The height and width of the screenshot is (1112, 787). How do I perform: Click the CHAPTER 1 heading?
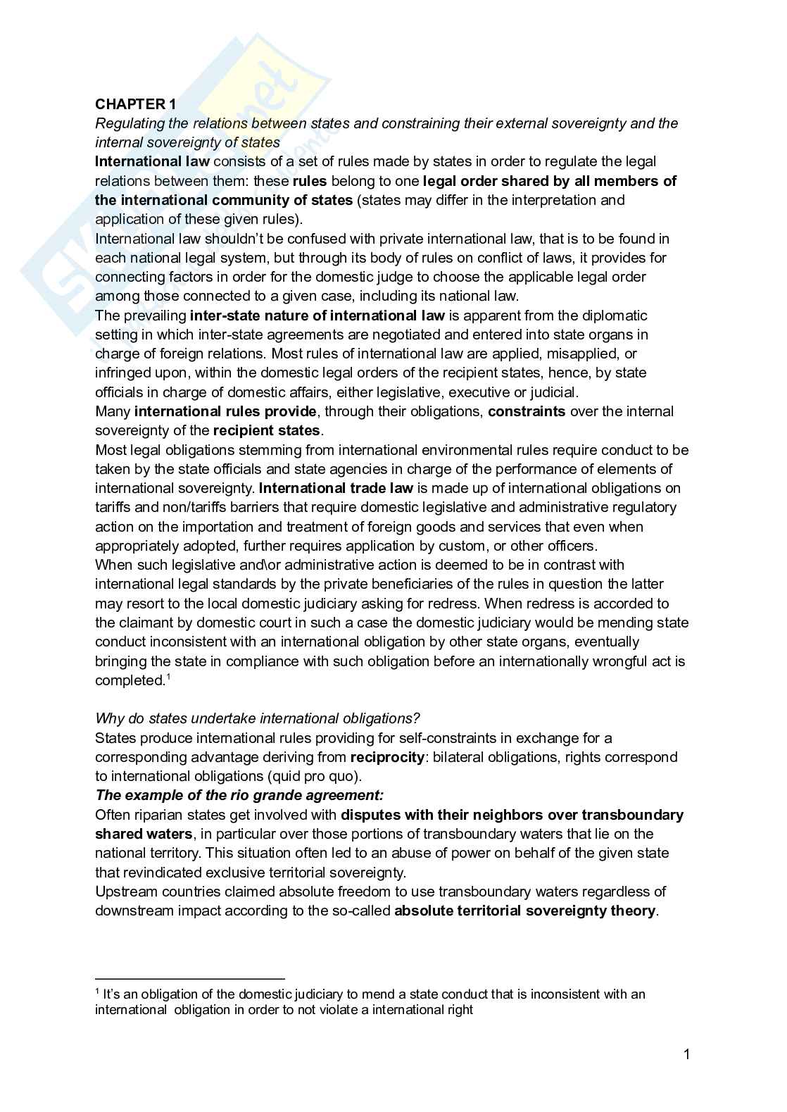tap(136, 104)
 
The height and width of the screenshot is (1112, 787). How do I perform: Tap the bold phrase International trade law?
tap(336, 488)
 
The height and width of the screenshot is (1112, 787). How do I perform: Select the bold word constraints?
tap(527, 411)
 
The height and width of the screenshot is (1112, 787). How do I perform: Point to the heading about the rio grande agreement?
tap(239, 796)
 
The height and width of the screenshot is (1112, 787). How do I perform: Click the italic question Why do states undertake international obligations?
tap(258, 718)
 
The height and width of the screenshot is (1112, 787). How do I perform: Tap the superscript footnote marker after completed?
tap(168, 677)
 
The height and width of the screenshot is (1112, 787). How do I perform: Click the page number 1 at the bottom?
tap(686, 1054)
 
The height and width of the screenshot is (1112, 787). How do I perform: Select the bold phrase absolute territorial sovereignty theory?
tap(525, 911)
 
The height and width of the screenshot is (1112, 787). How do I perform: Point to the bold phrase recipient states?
tap(267, 430)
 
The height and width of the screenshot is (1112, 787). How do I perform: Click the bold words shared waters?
tap(144, 834)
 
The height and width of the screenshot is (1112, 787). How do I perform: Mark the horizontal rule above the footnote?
tap(189, 978)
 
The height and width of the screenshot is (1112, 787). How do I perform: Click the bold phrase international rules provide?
tap(225, 411)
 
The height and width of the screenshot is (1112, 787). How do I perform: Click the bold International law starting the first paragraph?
tap(152, 161)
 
